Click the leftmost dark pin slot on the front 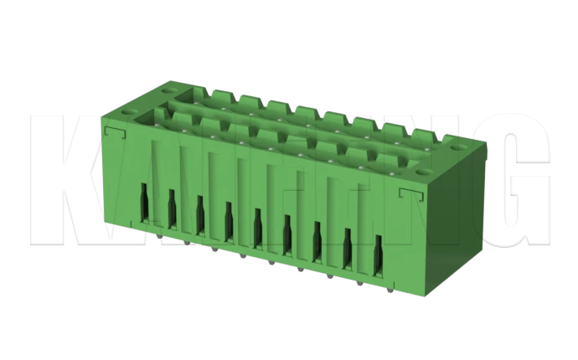point(143,202)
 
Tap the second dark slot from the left point(172,208)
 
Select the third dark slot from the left point(200,213)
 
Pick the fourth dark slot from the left point(229,219)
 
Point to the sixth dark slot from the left point(287,231)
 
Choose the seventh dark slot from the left point(317,237)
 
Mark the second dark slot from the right point(348,244)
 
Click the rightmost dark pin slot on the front point(378,250)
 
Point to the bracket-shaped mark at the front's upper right point(410,194)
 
